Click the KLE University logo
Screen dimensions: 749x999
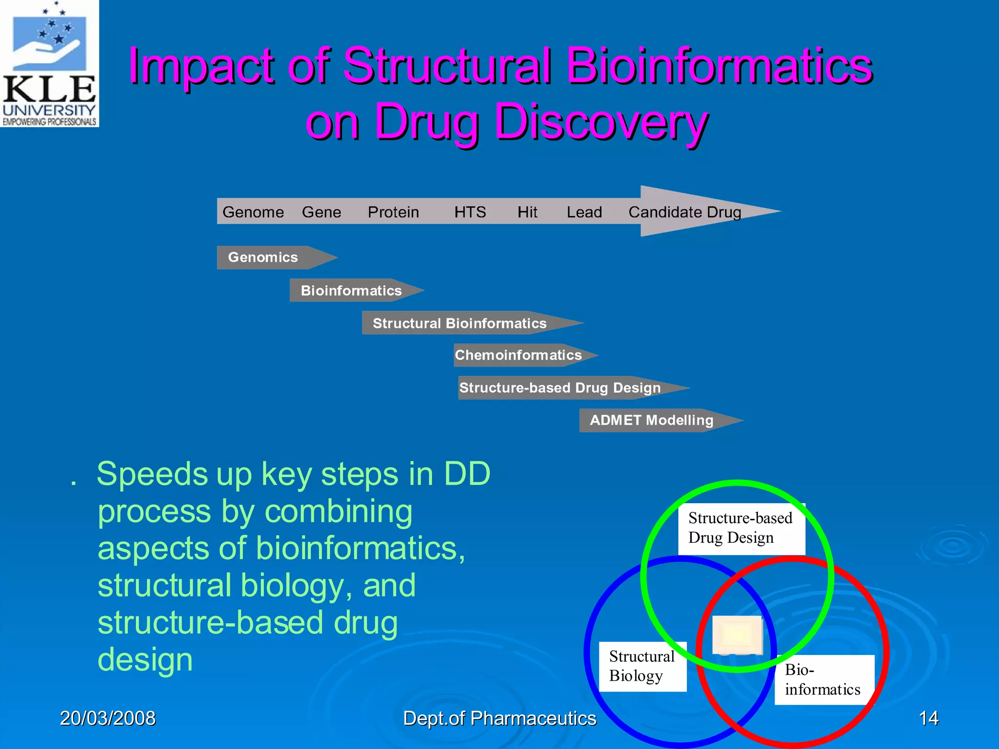coord(49,63)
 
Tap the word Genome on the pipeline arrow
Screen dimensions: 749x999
coord(253,212)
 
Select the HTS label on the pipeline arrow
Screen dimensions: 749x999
coord(470,212)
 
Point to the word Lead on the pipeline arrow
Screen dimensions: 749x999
coord(584,212)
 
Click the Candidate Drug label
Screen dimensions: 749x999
coord(684,212)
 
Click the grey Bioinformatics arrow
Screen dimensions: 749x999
coord(351,291)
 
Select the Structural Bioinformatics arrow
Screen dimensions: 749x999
coord(460,323)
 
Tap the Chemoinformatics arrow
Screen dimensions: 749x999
coord(519,355)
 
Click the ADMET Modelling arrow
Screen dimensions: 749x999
coord(651,420)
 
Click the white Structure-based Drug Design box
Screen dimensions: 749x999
coord(740,529)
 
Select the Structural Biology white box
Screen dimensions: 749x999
coord(642,666)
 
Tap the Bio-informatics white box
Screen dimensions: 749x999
coord(823,680)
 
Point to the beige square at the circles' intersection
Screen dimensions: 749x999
coord(737,635)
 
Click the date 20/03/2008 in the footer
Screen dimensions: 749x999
coord(108,718)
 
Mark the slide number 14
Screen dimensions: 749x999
coord(928,718)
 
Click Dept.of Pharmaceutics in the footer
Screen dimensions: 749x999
coord(499,718)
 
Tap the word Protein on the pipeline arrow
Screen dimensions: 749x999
coord(393,212)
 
